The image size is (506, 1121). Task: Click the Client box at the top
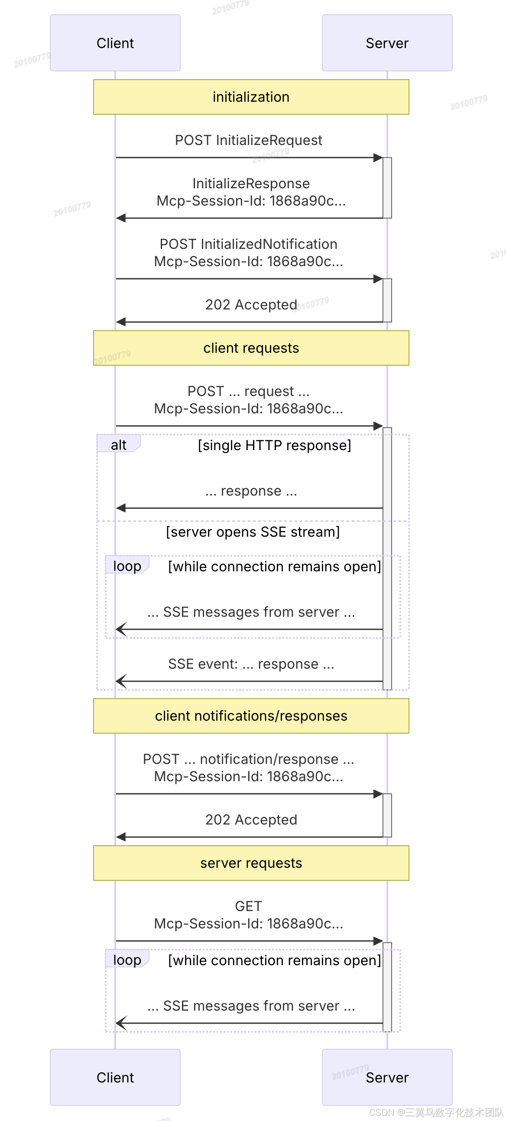[115, 43]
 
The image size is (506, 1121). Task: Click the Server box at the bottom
[387, 1077]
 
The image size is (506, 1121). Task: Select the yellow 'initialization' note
[251, 97]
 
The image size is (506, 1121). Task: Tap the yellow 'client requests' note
[251, 348]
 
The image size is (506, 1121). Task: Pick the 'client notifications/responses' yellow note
[251, 716]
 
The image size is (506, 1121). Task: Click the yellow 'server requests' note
[251, 863]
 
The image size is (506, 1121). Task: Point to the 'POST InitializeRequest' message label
[248, 140]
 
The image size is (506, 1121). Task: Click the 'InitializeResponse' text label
[251, 184]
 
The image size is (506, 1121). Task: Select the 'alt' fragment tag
[118, 445]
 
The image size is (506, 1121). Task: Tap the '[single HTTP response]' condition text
[274, 445]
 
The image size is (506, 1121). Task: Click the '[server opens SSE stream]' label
[253, 532]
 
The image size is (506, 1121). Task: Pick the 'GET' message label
[248, 906]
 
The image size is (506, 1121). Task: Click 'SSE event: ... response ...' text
[251, 664]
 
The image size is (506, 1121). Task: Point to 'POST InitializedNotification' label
[248, 244]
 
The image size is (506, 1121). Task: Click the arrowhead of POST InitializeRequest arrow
[378, 158]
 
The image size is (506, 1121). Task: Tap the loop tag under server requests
[127, 960]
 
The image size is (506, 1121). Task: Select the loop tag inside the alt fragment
[127, 566]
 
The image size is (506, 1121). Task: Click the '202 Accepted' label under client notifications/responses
[251, 819]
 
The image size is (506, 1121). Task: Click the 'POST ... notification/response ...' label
[248, 759]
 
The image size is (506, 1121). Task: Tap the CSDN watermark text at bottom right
[436, 1112]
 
